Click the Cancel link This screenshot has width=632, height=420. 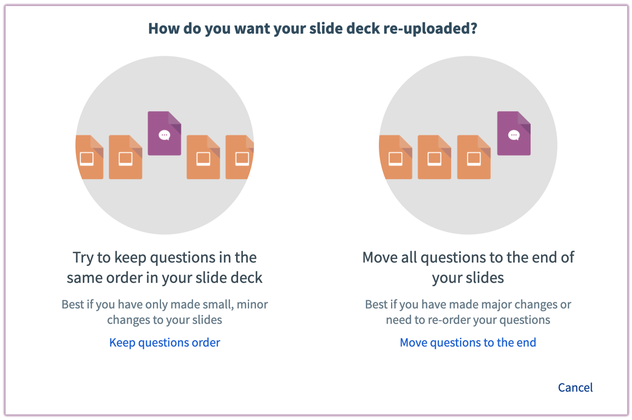coord(575,387)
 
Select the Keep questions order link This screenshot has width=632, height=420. coord(165,342)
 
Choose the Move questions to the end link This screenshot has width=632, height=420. coord(468,342)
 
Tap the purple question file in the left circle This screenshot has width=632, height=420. coord(164,133)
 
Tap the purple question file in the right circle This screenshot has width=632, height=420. coord(514,133)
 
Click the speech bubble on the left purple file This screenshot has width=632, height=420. coord(164,135)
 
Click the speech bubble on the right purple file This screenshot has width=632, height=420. coord(514,135)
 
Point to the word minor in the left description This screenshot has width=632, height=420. coord(252,304)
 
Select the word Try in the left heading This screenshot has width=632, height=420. coord(83,258)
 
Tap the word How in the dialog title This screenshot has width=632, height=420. coord(163,29)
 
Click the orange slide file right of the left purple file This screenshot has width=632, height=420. coord(203,157)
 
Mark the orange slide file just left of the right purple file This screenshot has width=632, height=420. coord(474,157)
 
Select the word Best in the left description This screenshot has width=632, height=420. coord(73,304)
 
